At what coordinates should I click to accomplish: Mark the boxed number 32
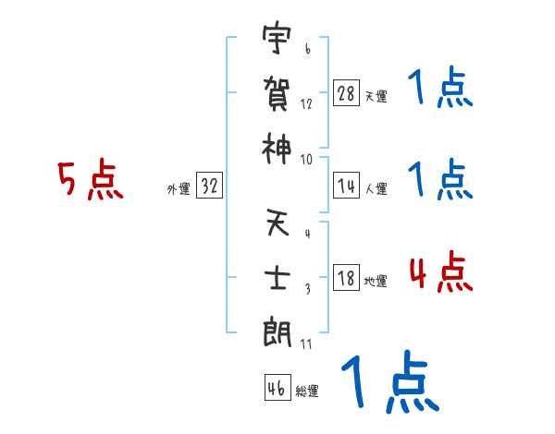pyautogui.click(x=209, y=186)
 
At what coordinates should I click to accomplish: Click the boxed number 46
pyautogui.click(x=277, y=389)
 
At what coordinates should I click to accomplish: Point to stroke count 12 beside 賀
pyautogui.click(x=306, y=104)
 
